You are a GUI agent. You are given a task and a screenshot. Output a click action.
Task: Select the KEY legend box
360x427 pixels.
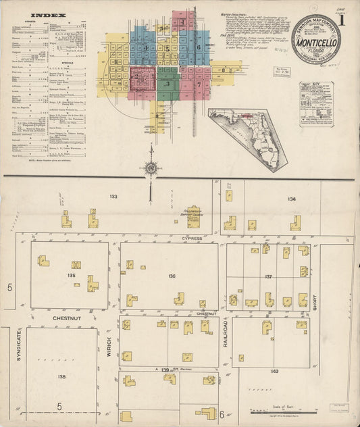pyautogui.click(x=315, y=105)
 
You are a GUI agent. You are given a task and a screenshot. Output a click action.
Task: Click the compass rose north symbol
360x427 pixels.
pyautogui.click(x=151, y=168)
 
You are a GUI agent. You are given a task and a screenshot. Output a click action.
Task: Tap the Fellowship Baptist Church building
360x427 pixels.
pyautogui.click(x=193, y=216)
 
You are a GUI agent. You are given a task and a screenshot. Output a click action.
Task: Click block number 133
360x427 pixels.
pyautogui.click(x=113, y=197)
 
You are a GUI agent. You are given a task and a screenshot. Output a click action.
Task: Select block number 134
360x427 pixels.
pyautogui.click(x=292, y=199)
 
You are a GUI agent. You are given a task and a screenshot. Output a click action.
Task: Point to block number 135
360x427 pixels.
pyautogui.click(x=72, y=276)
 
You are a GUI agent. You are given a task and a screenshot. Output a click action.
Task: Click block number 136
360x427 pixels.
pyautogui.click(x=172, y=276)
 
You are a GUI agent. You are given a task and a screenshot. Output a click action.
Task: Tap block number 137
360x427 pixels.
pyautogui.click(x=268, y=277)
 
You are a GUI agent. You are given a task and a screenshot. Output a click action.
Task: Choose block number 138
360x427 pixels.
pyautogui.click(x=61, y=376)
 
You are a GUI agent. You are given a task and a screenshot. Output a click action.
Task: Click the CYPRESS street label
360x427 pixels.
pyautogui.click(x=191, y=238)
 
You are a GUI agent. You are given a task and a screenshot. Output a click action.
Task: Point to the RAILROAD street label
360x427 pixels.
pyautogui.click(x=226, y=334)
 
